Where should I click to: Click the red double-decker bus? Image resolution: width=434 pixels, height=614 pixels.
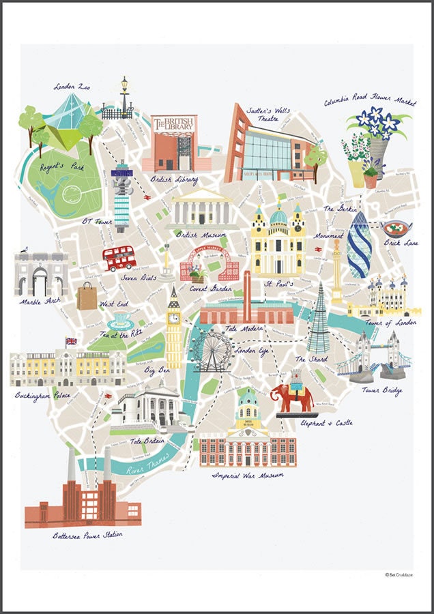[x=119, y=258]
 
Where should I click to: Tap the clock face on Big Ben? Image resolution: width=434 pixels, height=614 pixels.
[x=173, y=317]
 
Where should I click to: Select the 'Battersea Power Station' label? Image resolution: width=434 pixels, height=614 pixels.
[x=88, y=536]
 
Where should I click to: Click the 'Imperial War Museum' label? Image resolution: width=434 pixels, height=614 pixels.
[x=247, y=475]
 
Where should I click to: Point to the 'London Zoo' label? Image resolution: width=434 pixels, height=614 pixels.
[x=73, y=87]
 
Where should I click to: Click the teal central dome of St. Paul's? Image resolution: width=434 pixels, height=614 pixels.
[x=278, y=216]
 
